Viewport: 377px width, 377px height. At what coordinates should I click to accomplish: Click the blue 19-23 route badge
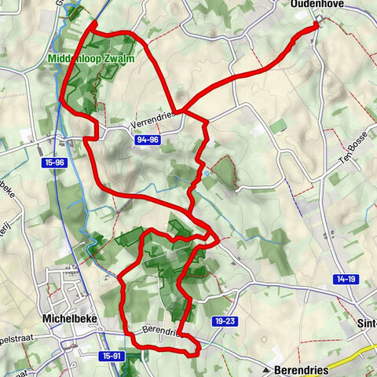224,320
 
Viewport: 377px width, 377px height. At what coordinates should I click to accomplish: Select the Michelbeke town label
68,319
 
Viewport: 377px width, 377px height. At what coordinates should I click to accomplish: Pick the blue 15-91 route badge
112,356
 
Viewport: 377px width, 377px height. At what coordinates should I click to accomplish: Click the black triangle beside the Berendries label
267,369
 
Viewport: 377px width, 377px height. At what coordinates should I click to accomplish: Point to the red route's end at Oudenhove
318,25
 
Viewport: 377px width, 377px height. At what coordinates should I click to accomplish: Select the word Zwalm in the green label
122,59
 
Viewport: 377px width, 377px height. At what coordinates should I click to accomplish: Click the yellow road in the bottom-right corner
353,363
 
